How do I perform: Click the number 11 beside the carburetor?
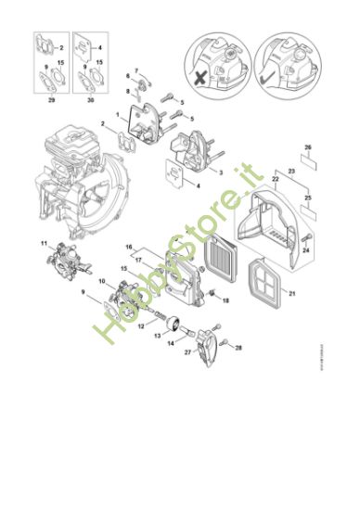(43, 243)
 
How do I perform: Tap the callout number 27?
(186, 352)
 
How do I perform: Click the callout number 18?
(225, 300)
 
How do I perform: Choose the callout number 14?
(170, 342)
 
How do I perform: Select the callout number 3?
(218, 172)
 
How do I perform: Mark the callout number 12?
(139, 325)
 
